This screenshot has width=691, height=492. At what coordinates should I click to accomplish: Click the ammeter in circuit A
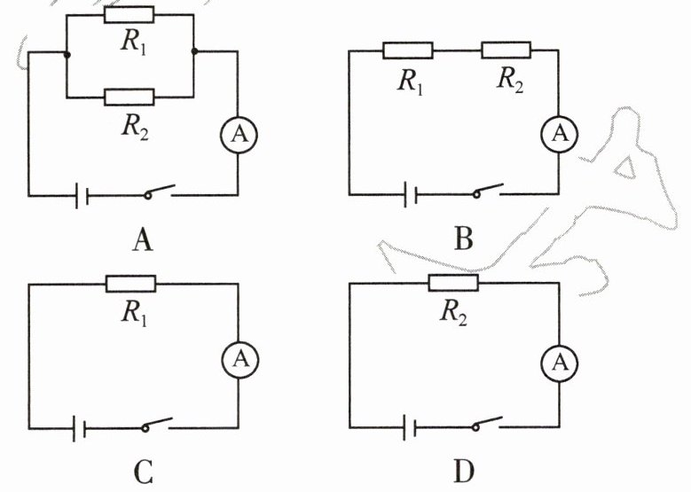point(237,134)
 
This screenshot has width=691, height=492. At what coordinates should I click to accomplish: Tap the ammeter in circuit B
point(559,133)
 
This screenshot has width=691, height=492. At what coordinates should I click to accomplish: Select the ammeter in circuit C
point(238,357)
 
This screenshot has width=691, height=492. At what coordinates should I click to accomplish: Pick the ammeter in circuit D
point(559,361)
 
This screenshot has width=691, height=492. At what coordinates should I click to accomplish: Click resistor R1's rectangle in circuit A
point(129,14)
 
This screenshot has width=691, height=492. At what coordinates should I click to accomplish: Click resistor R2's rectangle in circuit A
point(129,97)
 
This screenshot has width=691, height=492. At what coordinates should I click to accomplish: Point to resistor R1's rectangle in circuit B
point(407,51)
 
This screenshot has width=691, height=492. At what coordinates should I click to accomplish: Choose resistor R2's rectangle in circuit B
point(506,51)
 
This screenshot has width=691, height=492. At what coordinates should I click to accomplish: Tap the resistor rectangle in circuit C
point(130,284)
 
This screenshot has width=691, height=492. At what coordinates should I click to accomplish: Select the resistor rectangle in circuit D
point(453,283)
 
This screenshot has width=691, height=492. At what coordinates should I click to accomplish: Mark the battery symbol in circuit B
point(406,194)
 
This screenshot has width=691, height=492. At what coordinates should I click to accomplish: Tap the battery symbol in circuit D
point(407,427)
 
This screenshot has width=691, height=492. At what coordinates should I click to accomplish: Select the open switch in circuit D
point(487,424)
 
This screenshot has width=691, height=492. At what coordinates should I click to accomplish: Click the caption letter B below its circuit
point(462,238)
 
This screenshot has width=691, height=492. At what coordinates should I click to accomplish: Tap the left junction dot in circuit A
point(67,52)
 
